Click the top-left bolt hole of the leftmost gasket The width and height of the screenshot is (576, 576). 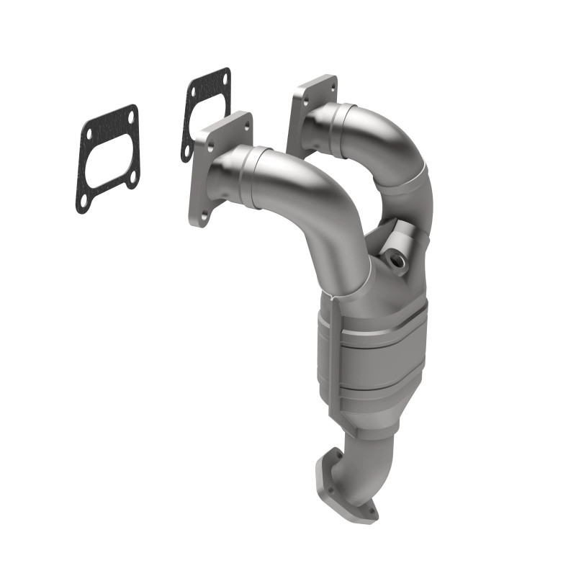point(89,133)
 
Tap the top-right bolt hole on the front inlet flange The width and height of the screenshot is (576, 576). point(246,124)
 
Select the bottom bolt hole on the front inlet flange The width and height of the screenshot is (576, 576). point(204,215)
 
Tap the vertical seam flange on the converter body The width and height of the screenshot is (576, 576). point(336,360)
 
